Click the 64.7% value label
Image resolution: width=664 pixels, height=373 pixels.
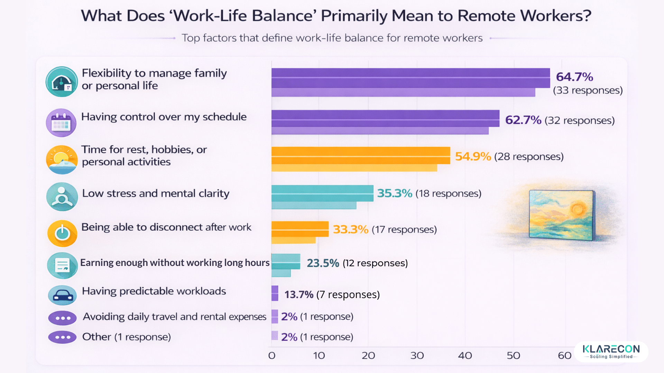tap(574, 77)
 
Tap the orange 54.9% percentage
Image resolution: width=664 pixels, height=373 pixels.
tap(473, 156)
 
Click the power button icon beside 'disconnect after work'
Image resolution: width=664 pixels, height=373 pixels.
tap(62, 233)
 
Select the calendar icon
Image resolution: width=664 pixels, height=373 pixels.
tap(61, 123)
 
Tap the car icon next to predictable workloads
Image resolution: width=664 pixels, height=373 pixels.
tap(62, 295)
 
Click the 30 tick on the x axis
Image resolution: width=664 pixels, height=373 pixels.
tap(417, 355)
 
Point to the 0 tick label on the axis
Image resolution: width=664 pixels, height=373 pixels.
tap(272, 355)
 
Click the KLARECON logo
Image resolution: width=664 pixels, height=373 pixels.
tap(611, 351)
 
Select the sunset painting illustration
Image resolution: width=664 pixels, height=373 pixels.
tap(562, 215)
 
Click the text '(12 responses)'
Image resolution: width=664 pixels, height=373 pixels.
tap(375, 263)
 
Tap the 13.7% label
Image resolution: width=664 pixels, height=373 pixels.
tap(299, 295)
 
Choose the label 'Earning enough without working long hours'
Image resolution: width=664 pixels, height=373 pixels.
tap(175, 263)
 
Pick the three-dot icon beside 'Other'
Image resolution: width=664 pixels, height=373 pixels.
tap(62, 337)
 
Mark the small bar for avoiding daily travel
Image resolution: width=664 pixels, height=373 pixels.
tap(275, 316)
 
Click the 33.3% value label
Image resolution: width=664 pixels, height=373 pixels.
tap(350, 229)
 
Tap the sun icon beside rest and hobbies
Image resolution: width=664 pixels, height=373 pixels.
tap(62, 160)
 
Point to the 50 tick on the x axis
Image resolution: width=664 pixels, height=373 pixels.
tap(513, 355)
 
